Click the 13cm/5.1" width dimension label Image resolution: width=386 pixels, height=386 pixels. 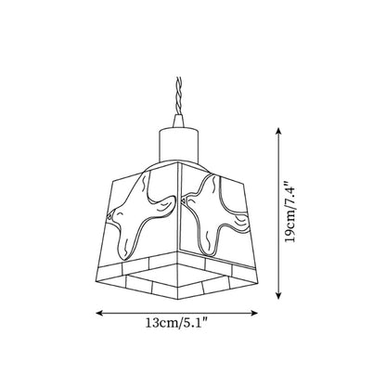(176, 324)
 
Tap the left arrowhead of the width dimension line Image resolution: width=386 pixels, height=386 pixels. (99, 313)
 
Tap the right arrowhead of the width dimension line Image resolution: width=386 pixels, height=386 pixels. (254, 313)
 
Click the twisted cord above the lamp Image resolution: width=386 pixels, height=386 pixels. (178, 96)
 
